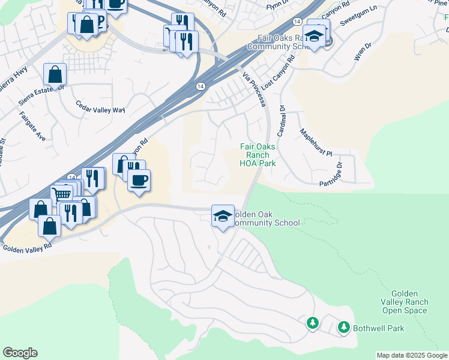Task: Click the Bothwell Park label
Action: click(x=378, y=328)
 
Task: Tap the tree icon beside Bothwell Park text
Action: click(x=344, y=328)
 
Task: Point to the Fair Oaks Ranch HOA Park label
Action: click(x=258, y=155)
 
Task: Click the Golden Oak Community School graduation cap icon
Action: click(x=223, y=215)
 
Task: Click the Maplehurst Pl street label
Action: click(x=316, y=143)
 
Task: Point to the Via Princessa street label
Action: click(x=254, y=90)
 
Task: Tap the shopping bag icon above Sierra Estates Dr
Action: click(x=55, y=76)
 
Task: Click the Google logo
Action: click(x=20, y=353)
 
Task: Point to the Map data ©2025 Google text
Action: click(x=412, y=355)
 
